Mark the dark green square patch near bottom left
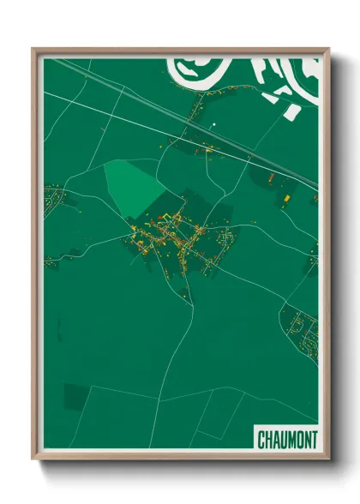(75, 396)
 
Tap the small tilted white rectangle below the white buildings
(291, 111)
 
